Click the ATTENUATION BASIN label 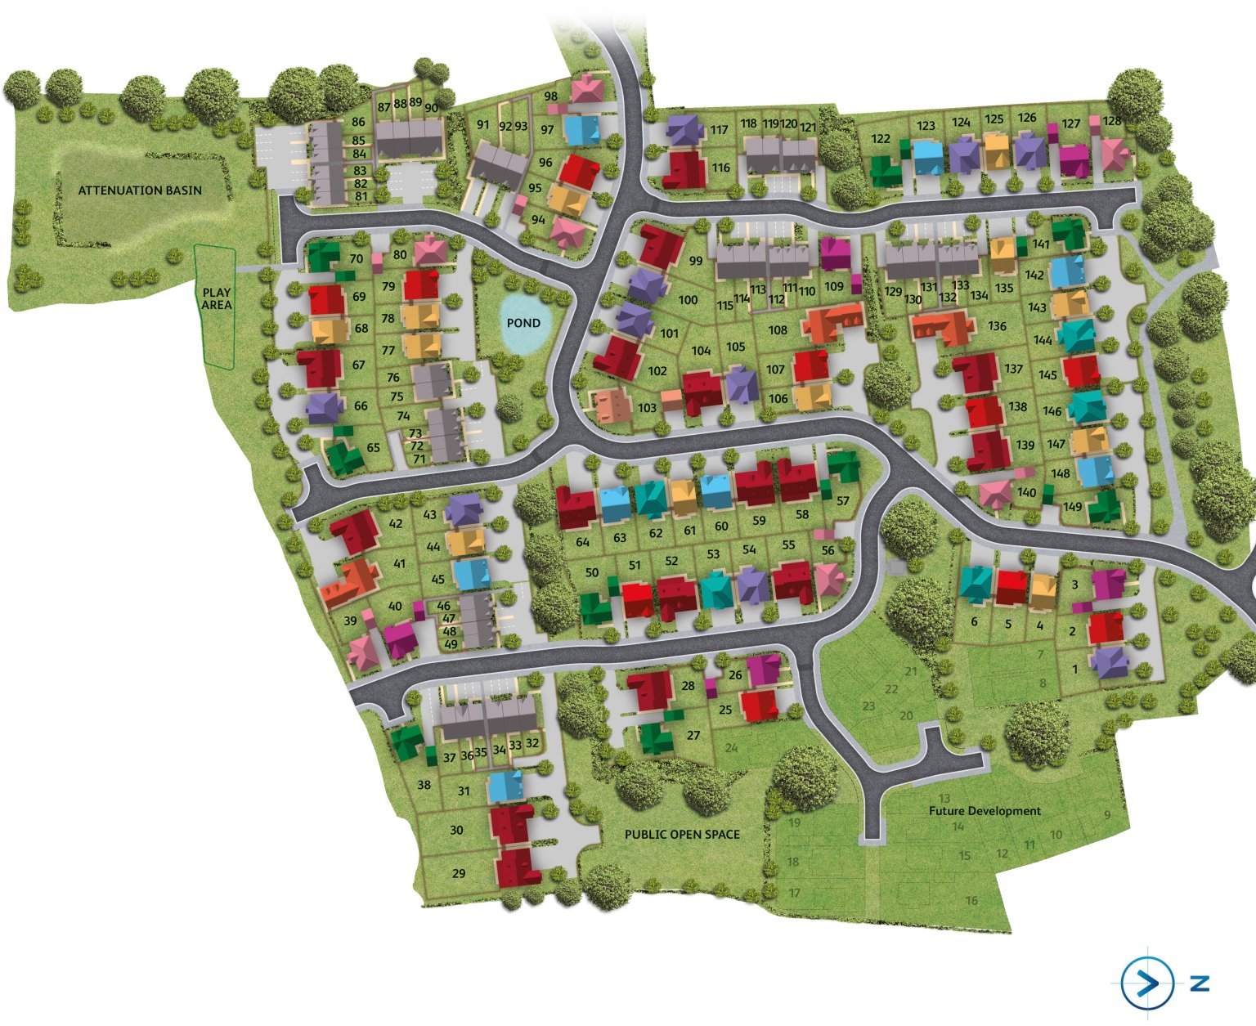pyautogui.click(x=140, y=190)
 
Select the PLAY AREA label pyautogui.click(x=217, y=298)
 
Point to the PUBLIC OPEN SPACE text pyautogui.click(x=682, y=835)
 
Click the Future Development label pyautogui.click(x=985, y=811)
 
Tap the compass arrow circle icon pyautogui.click(x=1146, y=983)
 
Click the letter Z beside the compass pyautogui.click(x=1200, y=983)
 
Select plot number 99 pyautogui.click(x=697, y=262)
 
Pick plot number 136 pyautogui.click(x=997, y=326)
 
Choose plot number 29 pyautogui.click(x=458, y=874)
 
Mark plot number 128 pyautogui.click(x=1112, y=121)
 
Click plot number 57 pyautogui.click(x=843, y=501)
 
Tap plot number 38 pyautogui.click(x=424, y=786)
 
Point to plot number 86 pyautogui.click(x=358, y=123)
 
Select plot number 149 pyautogui.click(x=1072, y=507)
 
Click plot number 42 pyautogui.click(x=397, y=524)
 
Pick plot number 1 pyautogui.click(x=1074, y=669)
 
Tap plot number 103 pyautogui.click(x=647, y=408)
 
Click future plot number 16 pyautogui.click(x=971, y=901)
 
